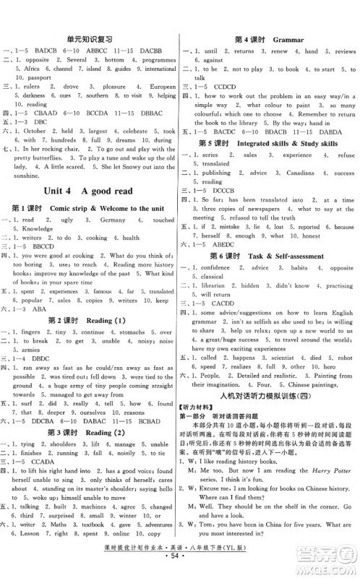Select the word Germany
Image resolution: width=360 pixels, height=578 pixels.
[x=113, y=220]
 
